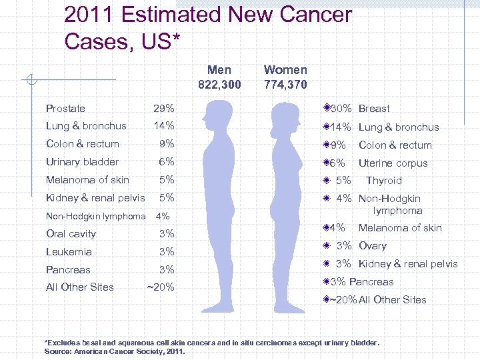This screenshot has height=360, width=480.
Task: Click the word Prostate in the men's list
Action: pos(65,108)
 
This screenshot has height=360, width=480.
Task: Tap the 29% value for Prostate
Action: pos(164,108)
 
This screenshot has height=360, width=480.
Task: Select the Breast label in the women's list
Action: pos(374,109)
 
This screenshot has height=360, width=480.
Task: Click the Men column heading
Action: pos(219,70)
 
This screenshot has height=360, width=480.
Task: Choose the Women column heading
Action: pos(285,70)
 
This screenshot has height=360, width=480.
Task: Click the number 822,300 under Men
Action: pos(219,85)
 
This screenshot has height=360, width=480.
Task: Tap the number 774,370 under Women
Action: pos(285,85)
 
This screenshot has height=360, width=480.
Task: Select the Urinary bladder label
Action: pos(82,162)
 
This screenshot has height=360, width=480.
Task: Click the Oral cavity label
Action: pos(71,234)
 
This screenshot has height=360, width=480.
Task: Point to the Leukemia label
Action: pos(69,252)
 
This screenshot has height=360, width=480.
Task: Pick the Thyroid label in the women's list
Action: pos(383,181)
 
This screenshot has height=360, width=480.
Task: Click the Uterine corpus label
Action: pos(393,163)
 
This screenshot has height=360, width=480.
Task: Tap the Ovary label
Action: pos(372,246)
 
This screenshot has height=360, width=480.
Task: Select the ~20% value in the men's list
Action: pos(161,287)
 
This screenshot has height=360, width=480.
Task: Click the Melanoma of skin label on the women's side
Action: pos(400,228)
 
